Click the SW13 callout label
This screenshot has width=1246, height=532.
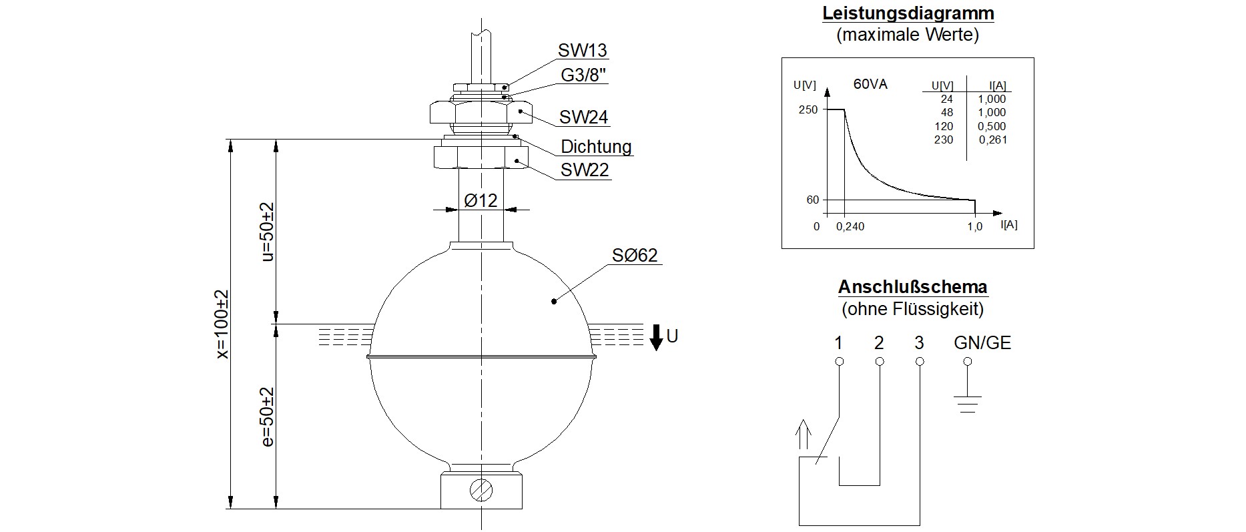pos(583,51)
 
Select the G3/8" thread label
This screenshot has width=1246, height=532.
pos(584,75)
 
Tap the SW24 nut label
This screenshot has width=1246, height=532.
pos(584,117)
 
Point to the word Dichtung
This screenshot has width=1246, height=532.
pos(596,147)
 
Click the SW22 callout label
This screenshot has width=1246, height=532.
pos(585,170)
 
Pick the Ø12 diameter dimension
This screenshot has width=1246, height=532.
pos(481,200)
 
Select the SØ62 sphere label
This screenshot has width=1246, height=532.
pos(635,256)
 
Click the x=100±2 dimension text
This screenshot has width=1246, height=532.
pos(222,324)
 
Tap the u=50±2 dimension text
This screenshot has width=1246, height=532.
pos(268,231)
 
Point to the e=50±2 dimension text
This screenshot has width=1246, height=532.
pos(268,417)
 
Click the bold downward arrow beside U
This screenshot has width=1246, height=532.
pos(656,337)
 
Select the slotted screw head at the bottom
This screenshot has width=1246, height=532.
pos(481,491)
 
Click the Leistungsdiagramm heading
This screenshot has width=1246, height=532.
pos(908,13)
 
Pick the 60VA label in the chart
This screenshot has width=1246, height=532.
pos(870,85)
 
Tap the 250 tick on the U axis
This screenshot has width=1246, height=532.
pos(808,109)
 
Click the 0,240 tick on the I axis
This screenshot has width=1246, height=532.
pos(850,227)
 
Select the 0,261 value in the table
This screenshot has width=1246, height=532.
pos(993,140)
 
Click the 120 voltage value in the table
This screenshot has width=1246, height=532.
pos(944,127)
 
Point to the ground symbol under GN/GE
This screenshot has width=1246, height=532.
pos(967,403)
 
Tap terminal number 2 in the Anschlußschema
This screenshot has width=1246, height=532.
pos(879,343)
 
